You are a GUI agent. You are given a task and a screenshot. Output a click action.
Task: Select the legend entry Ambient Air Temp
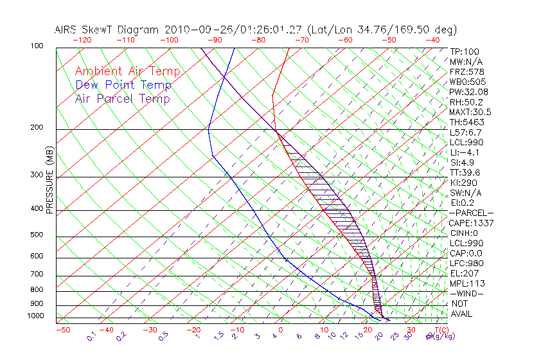point(127,71)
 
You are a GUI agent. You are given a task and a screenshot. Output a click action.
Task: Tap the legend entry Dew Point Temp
point(123,85)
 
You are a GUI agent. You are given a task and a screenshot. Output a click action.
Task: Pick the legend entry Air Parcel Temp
point(122,98)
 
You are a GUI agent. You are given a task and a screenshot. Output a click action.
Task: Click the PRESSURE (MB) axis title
point(49,180)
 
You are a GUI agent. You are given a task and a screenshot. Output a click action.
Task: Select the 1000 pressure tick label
point(36,316)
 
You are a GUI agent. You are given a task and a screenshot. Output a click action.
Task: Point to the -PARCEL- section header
point(472,213)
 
